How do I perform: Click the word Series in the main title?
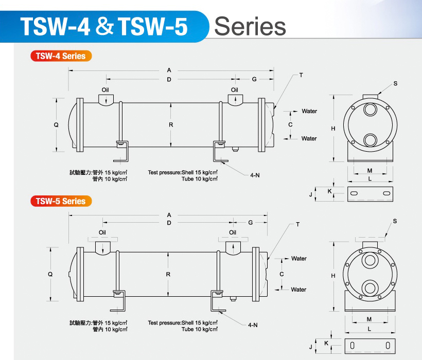pos(250,26)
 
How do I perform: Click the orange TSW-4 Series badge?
pos(61,56)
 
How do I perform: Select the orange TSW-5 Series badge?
pos(61,201)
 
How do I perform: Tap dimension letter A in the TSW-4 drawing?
pos(169,70)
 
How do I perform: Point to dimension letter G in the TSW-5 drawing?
pos(250,223)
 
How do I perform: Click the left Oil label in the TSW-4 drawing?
pos(105,89)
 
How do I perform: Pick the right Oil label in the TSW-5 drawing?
pos(233,232)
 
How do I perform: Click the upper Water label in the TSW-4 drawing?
pos(309,111)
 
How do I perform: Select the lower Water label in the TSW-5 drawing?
pos(298,290)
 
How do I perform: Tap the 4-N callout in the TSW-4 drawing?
pos(255,175)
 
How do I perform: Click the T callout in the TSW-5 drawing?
pos(297,225)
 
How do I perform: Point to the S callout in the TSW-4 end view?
pos(395,83)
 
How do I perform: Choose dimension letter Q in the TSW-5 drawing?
pos(50,274)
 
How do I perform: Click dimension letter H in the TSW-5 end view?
pos(333,276)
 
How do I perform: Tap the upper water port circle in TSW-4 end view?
pos(370,111)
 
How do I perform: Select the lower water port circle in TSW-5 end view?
pos(370,289)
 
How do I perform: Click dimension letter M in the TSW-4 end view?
pos(370,170)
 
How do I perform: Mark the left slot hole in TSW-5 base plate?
pos(353,346)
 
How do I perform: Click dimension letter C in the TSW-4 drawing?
pos(290,124)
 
